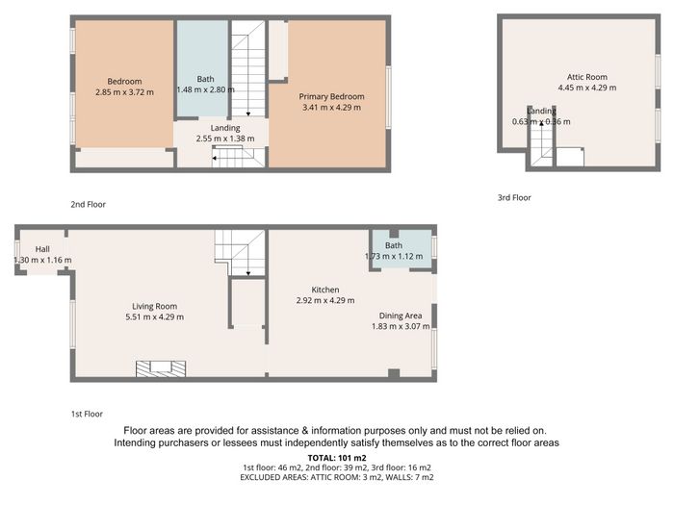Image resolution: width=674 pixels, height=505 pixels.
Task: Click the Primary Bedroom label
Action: pyautogui.click(x=331, y=96)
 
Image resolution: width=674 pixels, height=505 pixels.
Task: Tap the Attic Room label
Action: pyautogui.click(x=587, y=77)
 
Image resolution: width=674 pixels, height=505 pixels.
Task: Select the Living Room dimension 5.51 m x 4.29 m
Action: pyautogui.click(x=155, y=316)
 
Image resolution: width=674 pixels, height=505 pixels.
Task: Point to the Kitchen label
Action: pyautogui.click(x=325, y=290)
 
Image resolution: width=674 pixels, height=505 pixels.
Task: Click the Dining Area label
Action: pyautogui.click(x=401, y=316)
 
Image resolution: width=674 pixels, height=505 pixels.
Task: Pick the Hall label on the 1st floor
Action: pyautogui.click(x=42, y=249)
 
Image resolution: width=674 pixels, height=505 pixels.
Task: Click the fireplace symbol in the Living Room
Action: pyautogui.click(x=161, y=368)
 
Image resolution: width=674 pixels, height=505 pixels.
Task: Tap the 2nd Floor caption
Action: pyautogui.click(x=89, y=204)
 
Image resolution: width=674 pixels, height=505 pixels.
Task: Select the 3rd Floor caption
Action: pyautogui.click(x=514, y=197)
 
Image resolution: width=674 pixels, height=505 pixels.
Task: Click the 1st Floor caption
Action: pyautogui.click(x=87, y=414)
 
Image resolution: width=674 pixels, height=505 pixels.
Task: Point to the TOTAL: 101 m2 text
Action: pyautogui.click(x=337, y=458)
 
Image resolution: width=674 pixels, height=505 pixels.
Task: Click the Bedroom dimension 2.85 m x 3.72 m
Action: pyautogui.click(x=124, y=92)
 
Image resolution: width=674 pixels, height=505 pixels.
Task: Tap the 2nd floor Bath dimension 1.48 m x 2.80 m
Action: pyautogui.click(x=205, y=89)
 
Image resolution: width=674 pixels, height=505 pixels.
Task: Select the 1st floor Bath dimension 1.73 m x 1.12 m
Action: pyautogui.click(x=394, y=257)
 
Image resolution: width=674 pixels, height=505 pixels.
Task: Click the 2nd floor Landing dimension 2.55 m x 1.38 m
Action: pyautogui.click(x=225, y=139)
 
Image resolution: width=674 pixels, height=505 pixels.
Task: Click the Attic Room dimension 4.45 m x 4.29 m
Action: pyautogui.click(x=587, y=88)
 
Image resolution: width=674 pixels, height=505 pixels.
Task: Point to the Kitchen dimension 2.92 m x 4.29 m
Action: pyautogui.click(x=325, y=300)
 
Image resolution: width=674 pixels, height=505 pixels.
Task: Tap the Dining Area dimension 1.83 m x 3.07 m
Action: pyautogui.click(x=401, y=326)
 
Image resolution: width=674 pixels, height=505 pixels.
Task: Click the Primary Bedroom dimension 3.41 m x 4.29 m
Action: pyautogui.click(x=331, y=108)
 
